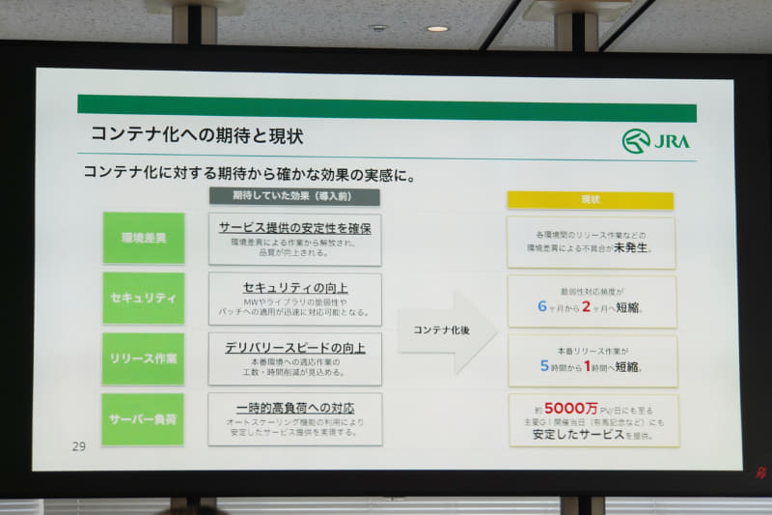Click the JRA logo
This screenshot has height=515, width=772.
click(656, 141)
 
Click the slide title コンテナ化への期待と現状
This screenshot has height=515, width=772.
click(197, 134)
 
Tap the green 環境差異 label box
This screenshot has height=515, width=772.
click(144, 238)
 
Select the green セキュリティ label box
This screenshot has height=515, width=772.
click(144, 298)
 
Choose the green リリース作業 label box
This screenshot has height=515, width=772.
click(144, 358)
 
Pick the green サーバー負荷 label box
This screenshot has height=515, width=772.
click(144, 418)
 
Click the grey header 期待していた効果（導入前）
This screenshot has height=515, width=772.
click(294, 196)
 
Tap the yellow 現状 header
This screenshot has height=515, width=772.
click(591, 200)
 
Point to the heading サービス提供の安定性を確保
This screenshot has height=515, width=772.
click(294, 228)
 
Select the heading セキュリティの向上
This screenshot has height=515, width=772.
click(294, 288)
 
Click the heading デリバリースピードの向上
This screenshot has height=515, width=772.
click(294, 348)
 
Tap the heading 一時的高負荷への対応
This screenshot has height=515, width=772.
click(294, 408)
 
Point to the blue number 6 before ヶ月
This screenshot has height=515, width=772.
click(542, 306)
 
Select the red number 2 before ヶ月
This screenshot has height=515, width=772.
click(585, 306)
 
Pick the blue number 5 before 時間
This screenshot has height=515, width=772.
click(544, 366)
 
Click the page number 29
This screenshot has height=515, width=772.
click(79, 446)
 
